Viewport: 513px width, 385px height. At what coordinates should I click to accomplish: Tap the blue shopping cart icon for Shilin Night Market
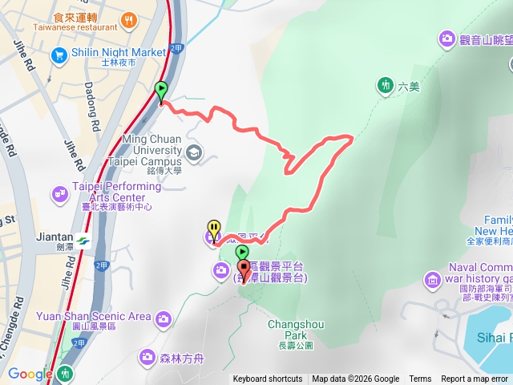pos(59,55)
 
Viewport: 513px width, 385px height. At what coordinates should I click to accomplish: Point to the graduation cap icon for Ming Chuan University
pos(194,152)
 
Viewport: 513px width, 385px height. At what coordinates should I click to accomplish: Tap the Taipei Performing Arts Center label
pos(117,192)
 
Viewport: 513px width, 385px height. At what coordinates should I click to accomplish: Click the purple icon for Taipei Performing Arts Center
pos(60,193)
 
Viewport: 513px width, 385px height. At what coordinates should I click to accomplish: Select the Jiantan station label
pos(55,238)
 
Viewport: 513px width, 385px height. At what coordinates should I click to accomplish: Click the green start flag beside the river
pos(161,91)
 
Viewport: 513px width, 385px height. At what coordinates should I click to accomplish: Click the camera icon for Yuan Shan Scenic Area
pos(163,318)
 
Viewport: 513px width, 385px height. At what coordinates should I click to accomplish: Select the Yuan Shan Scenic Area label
pos(94,316)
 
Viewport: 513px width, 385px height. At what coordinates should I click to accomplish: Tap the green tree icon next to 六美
pos(386,85)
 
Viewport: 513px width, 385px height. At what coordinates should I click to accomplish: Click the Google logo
pos(30,374)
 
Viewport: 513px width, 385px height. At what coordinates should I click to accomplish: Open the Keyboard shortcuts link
pos(268,379)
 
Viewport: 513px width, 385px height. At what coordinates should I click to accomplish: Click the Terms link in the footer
pos(420,379)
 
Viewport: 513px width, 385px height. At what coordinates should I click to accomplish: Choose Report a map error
pos(475,379)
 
